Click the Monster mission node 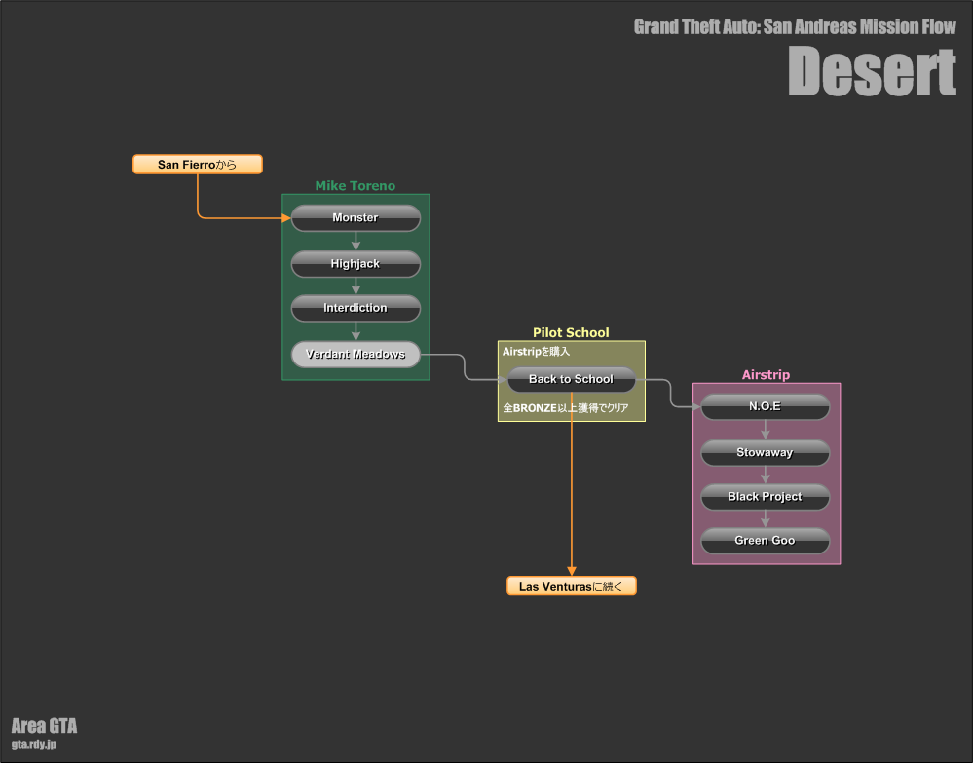[356, 218]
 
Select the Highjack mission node [356, 264]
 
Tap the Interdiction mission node [356, 308]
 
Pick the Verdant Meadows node [356, 354]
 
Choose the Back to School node [572, 379]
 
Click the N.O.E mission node [766, 406]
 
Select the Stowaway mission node [766, 452]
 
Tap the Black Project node [766, 497]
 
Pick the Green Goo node [766, 541]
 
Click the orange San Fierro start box [198, 165]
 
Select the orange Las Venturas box [572, 586]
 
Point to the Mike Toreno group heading [355, 185]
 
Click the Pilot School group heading [571, 332]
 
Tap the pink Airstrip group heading [766, 375]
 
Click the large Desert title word [872, 72]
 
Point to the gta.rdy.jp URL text [33, 744]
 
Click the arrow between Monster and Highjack [356, 242]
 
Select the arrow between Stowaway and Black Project [766, 475]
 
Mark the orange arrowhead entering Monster [286, 218]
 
